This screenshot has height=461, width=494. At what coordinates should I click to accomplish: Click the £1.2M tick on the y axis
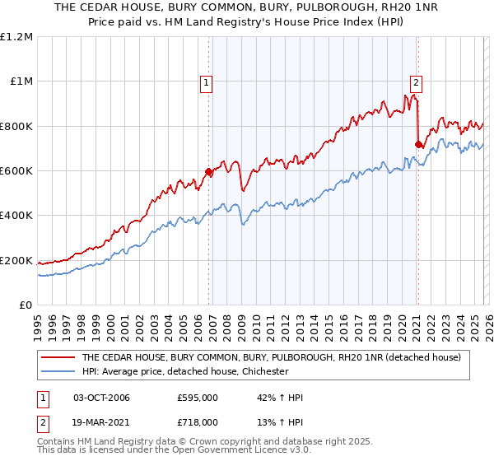[x=16, y=37]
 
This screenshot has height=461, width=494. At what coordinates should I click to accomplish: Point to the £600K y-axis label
[x=16, y=171]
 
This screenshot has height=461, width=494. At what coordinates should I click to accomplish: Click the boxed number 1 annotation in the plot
[x=205, y=82]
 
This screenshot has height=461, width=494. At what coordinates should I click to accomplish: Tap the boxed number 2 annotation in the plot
[x=417, y=82]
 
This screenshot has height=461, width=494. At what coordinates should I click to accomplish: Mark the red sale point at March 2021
[x=418, y=145]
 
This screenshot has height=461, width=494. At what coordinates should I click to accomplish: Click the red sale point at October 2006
[x=209, y=172]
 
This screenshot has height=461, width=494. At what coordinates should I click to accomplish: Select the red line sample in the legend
[x=59, y=357]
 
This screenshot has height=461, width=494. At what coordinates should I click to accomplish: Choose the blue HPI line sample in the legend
[x=59, y=371]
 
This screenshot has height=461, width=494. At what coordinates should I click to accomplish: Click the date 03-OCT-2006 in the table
[x=101, y=398]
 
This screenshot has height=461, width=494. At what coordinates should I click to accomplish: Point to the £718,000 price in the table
[x=198, y=421]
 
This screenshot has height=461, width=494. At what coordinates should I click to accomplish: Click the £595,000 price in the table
[x=198, y=398]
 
